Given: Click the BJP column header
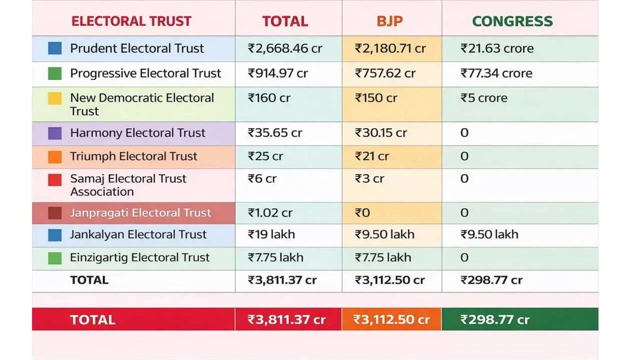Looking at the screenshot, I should click(389, 21).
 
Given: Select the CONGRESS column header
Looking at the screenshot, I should click(512, 21).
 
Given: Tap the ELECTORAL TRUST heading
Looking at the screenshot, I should click(131, 21).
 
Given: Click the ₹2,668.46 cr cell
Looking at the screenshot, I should click(285, 48).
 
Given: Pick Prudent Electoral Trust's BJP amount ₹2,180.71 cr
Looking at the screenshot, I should click(390, 48).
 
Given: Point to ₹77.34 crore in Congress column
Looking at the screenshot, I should click(496, 73).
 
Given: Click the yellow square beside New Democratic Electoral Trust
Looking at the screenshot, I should click(55, 98).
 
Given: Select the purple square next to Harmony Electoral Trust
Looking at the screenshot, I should click(55, 133).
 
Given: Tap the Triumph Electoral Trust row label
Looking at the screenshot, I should click(133, 156).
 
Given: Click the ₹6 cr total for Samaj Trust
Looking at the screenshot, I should click(262, 179).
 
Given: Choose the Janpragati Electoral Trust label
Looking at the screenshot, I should click(140, 213).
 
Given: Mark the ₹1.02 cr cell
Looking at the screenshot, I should click(270, 213).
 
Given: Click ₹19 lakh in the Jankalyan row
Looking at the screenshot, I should click(271, 234).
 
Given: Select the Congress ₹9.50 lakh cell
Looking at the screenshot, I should click(489, 234).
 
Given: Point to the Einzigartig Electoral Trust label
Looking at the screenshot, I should click(139, 257).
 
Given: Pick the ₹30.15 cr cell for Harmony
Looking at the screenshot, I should click(380, 133).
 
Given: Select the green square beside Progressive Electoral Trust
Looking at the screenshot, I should click(55, 73).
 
